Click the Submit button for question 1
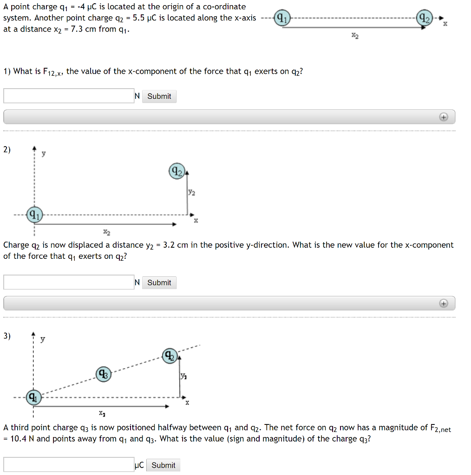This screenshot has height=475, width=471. [159, 96]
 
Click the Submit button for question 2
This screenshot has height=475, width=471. [159, 282]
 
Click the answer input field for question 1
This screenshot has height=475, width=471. [69, 96]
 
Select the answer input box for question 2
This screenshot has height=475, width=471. [69, 282]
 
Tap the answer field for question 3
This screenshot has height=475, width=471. [69, 465]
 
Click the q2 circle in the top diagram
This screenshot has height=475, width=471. [425, 19]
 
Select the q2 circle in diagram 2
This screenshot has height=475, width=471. [177, 171]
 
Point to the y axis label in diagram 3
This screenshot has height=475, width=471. [43, 340]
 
